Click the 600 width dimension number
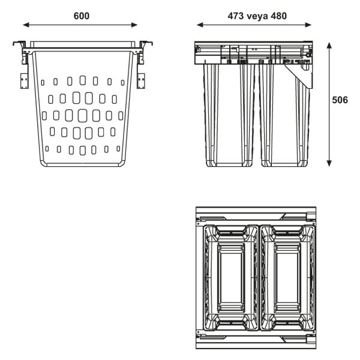click(82, 16)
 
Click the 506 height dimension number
click(340, 100)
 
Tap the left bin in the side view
click(230, 114)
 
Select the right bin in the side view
click(284, 114)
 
